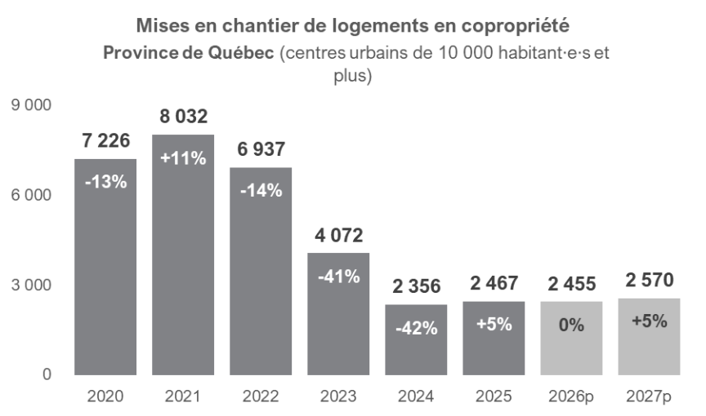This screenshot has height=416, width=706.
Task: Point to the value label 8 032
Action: pyautogui.click(x=183, y=117)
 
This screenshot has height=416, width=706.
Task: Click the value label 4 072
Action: pyautogui.click(x=338, y=236)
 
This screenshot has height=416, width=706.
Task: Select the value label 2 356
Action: pyautogui.click(x=416, y=286)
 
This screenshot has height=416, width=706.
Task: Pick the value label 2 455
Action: pyautogui.click(x=571, y=284)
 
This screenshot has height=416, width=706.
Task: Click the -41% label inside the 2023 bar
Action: pyautogui.click(x=338, y=276)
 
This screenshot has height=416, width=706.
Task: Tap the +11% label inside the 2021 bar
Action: pyautogui.click(x=183, y=158)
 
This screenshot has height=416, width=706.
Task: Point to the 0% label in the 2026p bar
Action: pyautogui.click(x=571, y=325)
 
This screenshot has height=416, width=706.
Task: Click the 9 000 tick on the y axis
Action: pyautogui.click(x=32, y=106)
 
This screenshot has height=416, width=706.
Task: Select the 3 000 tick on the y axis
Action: pyautogui.click(x=32, y=285)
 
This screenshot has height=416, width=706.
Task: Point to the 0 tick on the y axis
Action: pyautogui.click(x=46, y=375)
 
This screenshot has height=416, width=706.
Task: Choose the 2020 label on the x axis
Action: pyautogui.click(x=105, y=397)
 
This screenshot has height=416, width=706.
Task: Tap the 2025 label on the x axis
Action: pyautogui.click(x=494, y=397)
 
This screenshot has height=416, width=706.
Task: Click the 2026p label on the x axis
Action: pyautogui.click(x=571, y=397)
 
